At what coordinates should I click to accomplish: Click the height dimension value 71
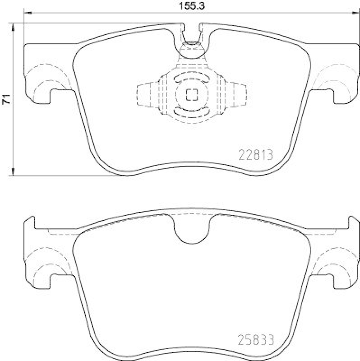pos(6,100)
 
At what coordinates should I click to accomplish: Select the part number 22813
pos(255,155)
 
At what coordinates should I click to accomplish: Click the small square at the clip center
pos(191,95)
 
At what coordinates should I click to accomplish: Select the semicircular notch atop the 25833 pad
pos(191,230)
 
